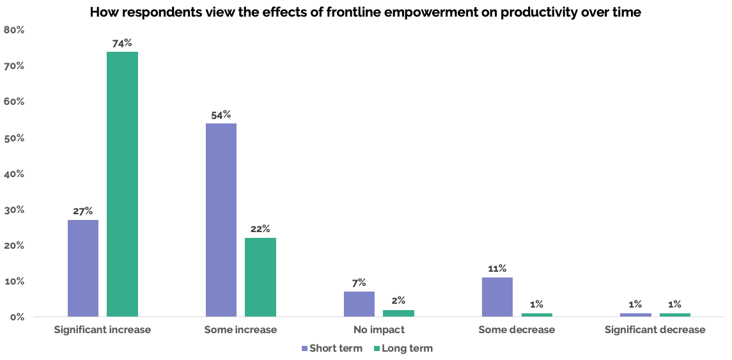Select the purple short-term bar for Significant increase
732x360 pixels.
tap(83, 268)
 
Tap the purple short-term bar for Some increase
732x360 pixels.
tap(221, 220)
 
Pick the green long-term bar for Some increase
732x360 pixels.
tap(260, 277)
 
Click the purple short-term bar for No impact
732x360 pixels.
tap(359, 304)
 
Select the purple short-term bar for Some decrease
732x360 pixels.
tap(497, 297)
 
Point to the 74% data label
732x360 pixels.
tap(122, 43)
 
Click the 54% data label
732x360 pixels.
tap(221, 114)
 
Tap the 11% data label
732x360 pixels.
tap(497, 269)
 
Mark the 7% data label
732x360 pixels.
tap(359, 283)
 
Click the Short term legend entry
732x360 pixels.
tap(331, 348)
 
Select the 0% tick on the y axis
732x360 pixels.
tap(17, 317)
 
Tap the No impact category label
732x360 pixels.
tap(379, 330)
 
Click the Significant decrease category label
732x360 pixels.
tap(655, 330)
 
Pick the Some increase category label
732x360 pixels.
tap(240, 330)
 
